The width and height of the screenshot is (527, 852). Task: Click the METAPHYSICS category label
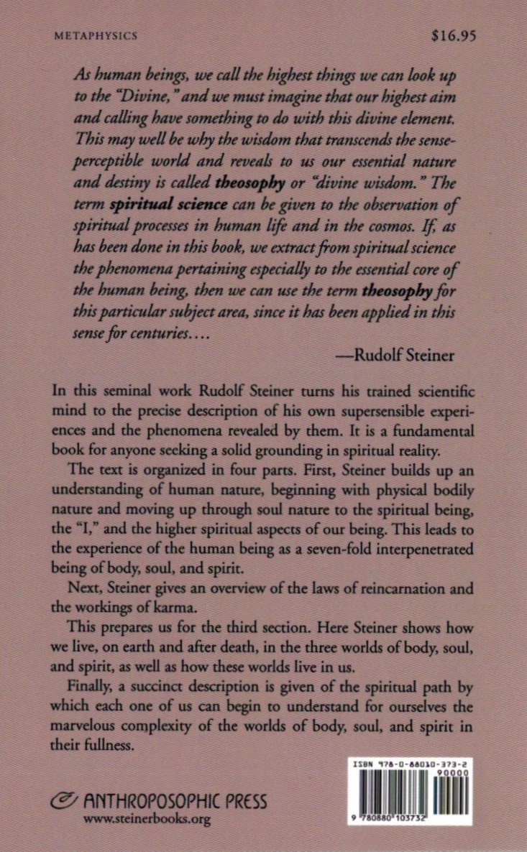tap(96, 34)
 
